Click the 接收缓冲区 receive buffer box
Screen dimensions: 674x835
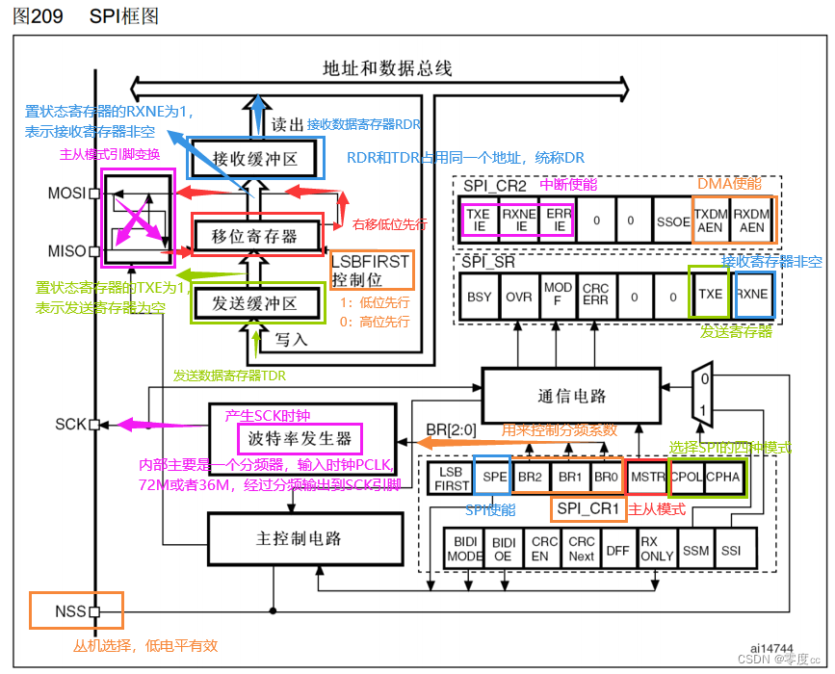[254, 158]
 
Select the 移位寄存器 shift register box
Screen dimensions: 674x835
[254, 235]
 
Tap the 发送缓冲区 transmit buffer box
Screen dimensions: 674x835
[254, 303]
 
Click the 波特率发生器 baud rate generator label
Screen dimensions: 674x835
[300, 440]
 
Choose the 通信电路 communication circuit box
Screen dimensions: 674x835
[572, 396]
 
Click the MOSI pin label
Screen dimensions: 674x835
[67, 193]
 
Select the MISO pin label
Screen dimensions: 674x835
[67, 251]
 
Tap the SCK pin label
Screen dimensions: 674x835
[71, 424]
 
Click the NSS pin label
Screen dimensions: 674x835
[71, 610]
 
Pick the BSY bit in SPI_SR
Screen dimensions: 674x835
[480, 297]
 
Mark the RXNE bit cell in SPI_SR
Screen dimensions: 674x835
[752, 294]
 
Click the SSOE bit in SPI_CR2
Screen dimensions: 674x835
[671, 220]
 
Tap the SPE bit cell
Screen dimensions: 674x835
[495, 477]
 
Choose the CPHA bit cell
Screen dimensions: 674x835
[723, 477]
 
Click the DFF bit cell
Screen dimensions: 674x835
[616, 551]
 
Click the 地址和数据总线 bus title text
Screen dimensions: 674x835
[387, 68]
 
